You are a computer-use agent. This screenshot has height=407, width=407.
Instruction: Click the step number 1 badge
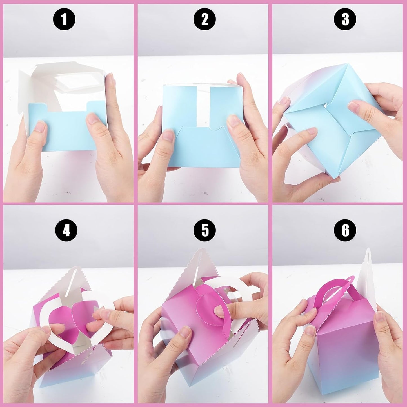(x=64, y=19)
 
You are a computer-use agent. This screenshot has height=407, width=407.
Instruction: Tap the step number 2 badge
(x=204, y=19)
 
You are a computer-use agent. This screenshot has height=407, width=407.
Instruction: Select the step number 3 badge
(x=345, y=19)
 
